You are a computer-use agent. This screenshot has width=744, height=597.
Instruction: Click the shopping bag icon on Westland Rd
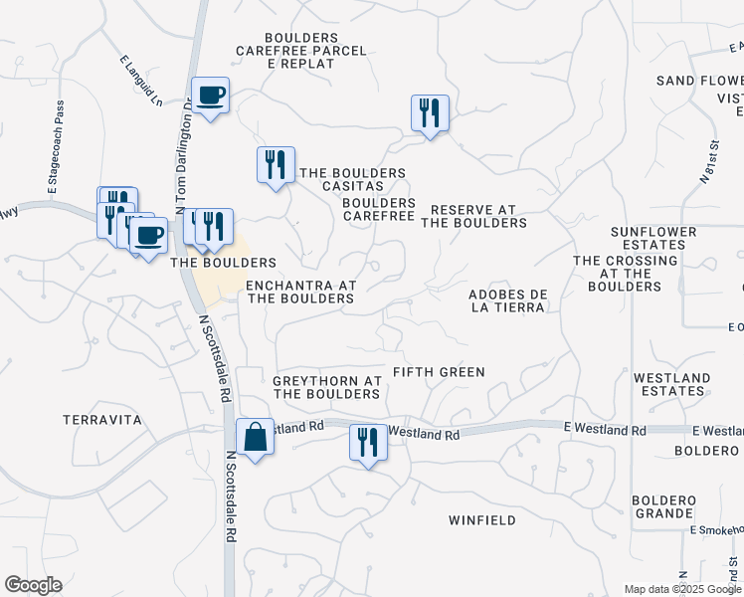tap(255, 436)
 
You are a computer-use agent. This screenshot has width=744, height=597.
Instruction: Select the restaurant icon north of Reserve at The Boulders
tap(430, 112)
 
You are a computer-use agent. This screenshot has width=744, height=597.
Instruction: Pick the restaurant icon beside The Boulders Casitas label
tap(276, 164)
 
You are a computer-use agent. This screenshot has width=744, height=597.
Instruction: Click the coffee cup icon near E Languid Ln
tap(210, 96)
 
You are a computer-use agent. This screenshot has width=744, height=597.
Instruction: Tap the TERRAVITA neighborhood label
tap(102, 420)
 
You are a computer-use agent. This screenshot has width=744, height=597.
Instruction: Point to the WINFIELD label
tap(481, 520)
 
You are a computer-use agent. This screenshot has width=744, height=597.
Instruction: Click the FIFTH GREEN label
tap(439, 372)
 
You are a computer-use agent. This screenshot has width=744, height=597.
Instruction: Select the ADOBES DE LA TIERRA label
tap(507, 300)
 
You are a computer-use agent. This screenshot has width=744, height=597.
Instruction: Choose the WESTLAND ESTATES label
tap(671, 384)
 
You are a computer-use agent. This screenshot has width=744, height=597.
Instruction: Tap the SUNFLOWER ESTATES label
tap(653, 237)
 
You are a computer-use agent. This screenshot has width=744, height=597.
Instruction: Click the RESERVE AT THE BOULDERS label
tap(473, 216)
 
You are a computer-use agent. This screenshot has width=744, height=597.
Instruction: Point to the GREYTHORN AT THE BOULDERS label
tap(327, 387)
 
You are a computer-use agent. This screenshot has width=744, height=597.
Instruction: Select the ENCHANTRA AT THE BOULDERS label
tap(300, 292)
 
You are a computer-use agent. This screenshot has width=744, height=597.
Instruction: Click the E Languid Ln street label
tap(142, 81)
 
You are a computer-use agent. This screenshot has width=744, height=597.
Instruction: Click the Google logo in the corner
tap(33, 585)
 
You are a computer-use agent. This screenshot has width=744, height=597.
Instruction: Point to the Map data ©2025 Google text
tap(681, 589)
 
